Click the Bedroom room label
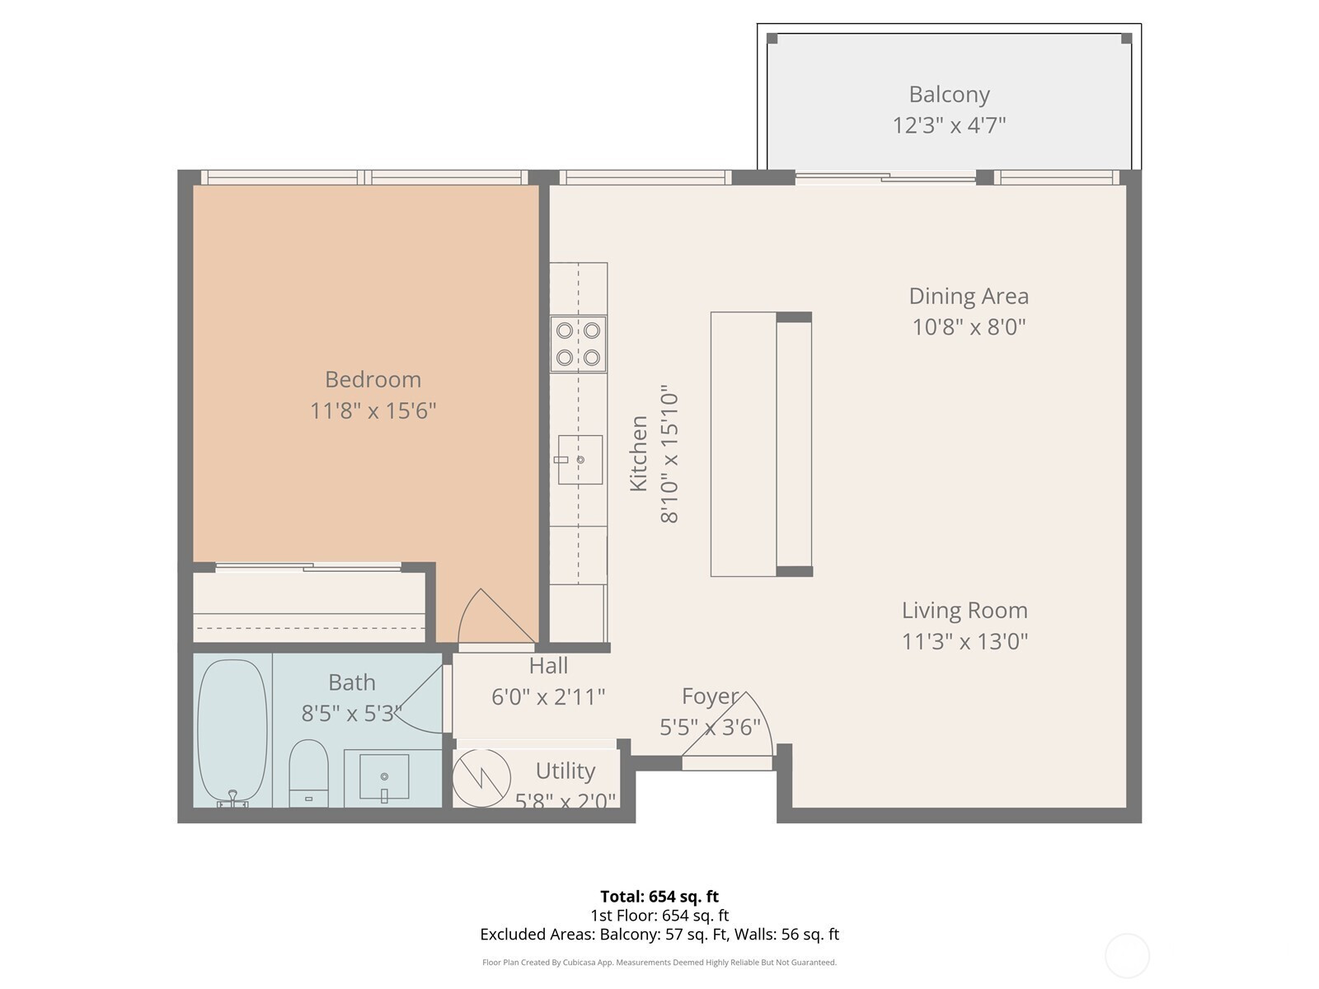pos(373,379)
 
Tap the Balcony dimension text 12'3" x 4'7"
pos(949,125)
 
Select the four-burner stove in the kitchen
pos(578,344)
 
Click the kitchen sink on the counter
pos(580,459)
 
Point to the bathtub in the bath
pos(232,733)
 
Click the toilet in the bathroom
pos(308,774)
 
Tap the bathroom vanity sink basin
pos(384,777)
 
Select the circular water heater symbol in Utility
pos(481,778)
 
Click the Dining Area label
pos(969,296)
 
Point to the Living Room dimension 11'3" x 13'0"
pos(965,642)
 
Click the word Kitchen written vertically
pos(638,453)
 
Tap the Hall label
pos(548,666)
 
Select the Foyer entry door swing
pos(728,728)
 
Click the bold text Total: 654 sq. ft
pos(659,897)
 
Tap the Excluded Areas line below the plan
pos(659,935)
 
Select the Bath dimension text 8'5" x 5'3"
pos(351,714)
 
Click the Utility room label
pos(566,771)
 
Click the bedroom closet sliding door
pos(308,566)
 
